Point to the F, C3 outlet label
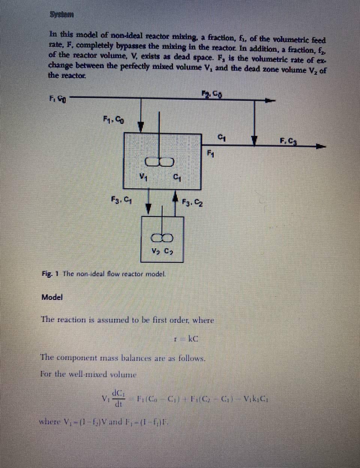289,141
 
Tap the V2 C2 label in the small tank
162,251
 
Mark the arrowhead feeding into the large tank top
141,127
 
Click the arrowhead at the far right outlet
320,147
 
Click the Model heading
52,297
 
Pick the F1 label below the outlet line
211,153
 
